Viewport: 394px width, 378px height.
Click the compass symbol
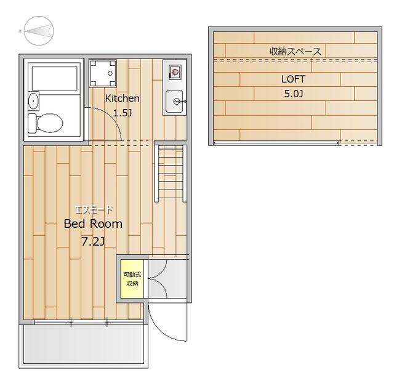[39, 31]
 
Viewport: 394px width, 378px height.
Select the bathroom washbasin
[33, 101]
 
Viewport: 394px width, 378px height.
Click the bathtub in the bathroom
[54, 78]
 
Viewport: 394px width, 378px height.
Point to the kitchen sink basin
[174, 101]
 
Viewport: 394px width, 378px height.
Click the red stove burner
[175, 73]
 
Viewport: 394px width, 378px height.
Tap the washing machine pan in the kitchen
[103, 73]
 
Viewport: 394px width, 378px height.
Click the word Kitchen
[122, 99]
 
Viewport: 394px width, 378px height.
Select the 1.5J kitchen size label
[123, 113]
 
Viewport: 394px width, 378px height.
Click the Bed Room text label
[93, 223]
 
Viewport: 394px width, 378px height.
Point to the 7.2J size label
[93, 242]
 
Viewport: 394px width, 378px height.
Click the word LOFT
[293, 79]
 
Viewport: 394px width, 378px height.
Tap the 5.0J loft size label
[294, 94]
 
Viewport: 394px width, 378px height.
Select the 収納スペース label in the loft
[295, 52]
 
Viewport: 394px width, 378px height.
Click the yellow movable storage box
[132, 279]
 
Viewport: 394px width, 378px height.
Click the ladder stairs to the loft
[171, 174]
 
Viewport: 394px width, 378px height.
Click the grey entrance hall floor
[167, 279]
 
